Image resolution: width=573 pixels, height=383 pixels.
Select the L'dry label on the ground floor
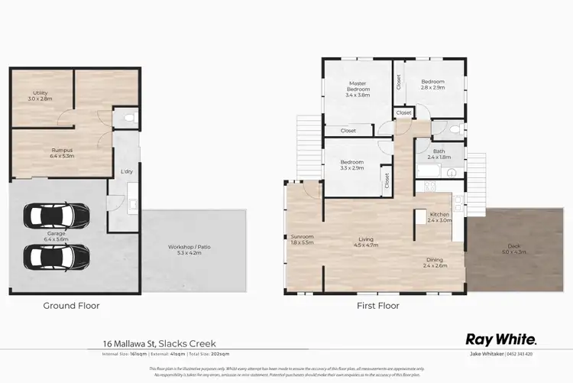click(127, 171)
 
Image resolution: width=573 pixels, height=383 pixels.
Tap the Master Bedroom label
click(358, 89)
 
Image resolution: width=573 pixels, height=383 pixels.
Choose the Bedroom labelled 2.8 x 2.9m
click(432, 84)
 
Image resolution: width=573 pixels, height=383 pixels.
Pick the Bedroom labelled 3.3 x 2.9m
click(351, 164)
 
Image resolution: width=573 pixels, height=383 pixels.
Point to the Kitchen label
click(439, 216)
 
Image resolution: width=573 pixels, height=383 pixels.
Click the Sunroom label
click(302, 239)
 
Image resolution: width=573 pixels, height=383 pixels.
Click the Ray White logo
click(501, 339)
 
